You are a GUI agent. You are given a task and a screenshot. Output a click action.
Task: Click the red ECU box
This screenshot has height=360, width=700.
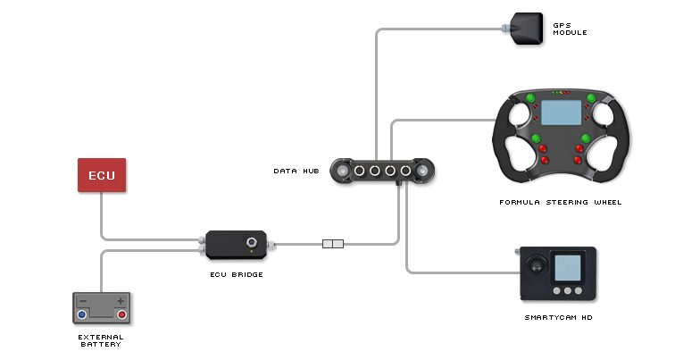(102, 175)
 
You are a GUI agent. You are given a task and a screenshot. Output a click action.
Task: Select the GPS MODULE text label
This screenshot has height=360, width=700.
(570, 29)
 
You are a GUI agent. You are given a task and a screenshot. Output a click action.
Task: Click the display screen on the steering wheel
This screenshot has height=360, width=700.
(560, 112)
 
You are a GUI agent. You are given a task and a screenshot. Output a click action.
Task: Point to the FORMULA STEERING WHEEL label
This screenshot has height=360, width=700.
(560, 203)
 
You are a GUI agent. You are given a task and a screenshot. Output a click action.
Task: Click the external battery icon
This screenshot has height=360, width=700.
(101, 308)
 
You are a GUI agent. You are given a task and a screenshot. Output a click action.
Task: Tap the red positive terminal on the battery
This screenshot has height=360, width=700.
(121, 314)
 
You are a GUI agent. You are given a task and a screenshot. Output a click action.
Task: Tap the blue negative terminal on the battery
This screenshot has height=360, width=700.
(81, 314)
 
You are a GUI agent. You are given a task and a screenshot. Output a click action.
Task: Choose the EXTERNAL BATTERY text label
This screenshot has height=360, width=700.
(101, 341)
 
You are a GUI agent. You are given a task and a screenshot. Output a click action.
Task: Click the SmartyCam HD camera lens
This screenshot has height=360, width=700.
(537, 265)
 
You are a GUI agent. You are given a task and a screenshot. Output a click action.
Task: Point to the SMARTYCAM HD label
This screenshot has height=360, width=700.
(558, 318)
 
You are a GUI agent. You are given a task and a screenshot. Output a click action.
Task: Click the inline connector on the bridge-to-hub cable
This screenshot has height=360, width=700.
(332, 243)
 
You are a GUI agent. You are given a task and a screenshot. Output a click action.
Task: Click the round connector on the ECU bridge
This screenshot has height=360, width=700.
(253, 242)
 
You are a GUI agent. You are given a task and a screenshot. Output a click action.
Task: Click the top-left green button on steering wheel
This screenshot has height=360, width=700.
(529, 98)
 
